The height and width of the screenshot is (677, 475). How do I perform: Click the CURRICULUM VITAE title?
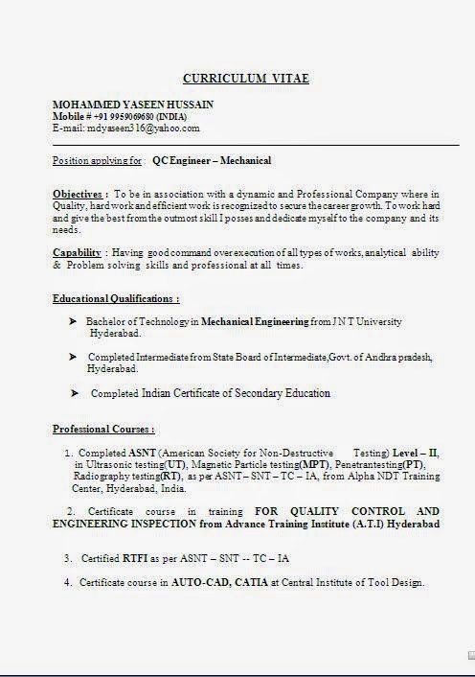[x=246, y=79]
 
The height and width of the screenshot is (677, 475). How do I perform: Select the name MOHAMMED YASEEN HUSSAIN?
[x=133, y=105]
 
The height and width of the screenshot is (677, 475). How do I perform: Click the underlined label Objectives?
[x=78, y=195]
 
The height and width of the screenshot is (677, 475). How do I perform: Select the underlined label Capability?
[x=78, y=253]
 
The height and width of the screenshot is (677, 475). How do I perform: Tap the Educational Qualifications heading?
[x=116, y=299]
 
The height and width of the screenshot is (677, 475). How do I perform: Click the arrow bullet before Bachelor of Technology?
[x=72, y=321]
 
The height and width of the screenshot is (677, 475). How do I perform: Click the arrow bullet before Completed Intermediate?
[x=72, y=357]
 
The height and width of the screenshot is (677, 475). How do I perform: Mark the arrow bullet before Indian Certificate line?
[x=74, y=392]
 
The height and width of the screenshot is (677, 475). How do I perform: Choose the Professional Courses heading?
[x=103, y=429]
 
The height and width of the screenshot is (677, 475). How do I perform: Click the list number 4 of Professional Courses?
[x=68, y=583]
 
